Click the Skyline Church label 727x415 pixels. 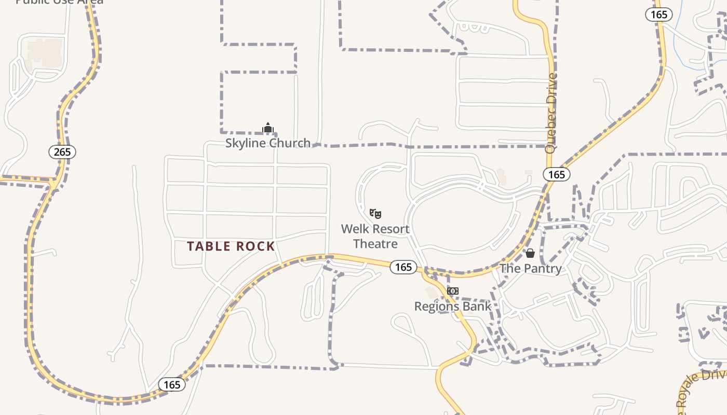pos(267,143)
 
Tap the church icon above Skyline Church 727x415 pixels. pos(268,128)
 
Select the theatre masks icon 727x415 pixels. pos(375,213)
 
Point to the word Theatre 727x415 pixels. pos(375,244)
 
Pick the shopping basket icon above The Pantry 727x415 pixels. pos(530,253)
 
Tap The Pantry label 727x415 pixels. pos(530,269)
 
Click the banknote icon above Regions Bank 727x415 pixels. pos(453,291)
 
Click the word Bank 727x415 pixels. pos(477,307)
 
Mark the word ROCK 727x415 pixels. pos(255,246)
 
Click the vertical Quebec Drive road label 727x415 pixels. pos(551,113)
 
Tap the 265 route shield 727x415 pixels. pos(63,152)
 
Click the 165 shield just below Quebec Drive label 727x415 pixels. pos(557,174)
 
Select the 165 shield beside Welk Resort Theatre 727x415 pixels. pos(403,267)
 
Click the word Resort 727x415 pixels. pos(390,229)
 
